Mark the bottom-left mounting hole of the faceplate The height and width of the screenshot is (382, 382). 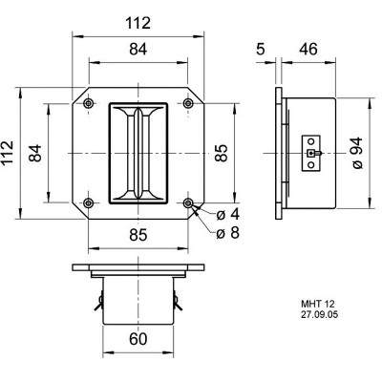pos(89,203)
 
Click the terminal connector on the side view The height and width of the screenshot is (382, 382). pos(310,153)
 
